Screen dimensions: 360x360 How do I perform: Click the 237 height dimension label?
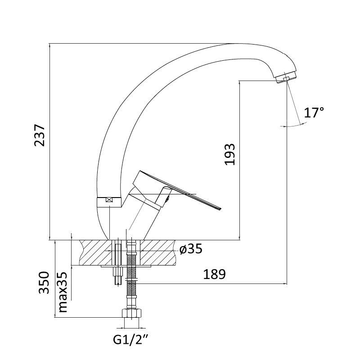click(x=40, y=135)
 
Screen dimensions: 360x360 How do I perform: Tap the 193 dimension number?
click(x=229, y=154)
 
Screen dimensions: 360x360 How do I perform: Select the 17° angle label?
click(x=314, y=112)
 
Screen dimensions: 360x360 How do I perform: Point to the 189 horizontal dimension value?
click(x=215, y=274)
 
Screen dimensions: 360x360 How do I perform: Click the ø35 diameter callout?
click(x=191, y=248)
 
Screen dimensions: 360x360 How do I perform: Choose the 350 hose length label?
click(x=44, y=283)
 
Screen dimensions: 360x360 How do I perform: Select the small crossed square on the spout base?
click(x=109, y=200)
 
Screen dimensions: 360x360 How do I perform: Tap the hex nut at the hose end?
click(x=131, y=313)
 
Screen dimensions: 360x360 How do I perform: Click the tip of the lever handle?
click(x=220, y=208)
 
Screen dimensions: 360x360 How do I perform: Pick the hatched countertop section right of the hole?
click(x=158, y=252)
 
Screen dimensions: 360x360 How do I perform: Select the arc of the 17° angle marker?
click(x=293, y=126)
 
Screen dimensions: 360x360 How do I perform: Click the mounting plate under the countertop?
click(x=126, y=266)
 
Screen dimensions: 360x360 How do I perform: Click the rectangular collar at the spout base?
click(x=109, y=202)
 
